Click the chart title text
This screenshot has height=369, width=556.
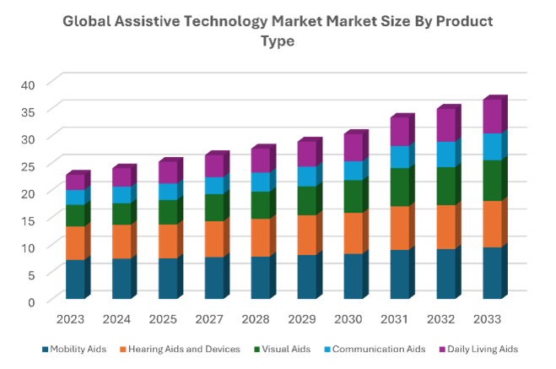[278, 30]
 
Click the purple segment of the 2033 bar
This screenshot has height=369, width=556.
[492, 117]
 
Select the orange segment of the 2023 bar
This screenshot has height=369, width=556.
[75, 242]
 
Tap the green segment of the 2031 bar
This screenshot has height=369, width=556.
[399, 187]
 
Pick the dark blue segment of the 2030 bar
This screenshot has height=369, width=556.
[353, 276]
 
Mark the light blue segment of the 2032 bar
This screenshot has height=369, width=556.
[445, 154]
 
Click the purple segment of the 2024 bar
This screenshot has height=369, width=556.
[121, 176]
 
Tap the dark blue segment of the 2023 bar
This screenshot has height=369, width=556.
[75, 279]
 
